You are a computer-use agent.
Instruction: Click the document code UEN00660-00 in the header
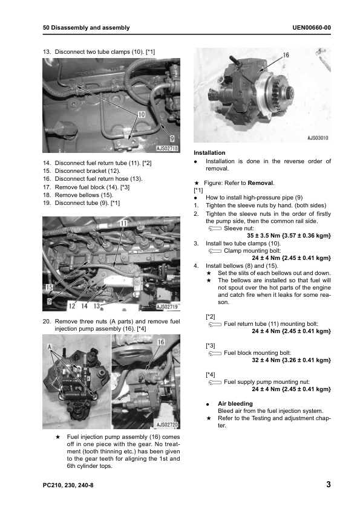pos(311,28)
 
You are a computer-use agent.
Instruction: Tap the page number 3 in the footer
pos(328,484)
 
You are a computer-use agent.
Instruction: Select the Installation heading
pos(209,152)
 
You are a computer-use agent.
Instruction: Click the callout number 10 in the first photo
pos(142,115)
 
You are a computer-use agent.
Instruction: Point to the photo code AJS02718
pos(168,148)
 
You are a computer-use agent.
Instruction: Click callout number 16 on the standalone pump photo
pos(286,55)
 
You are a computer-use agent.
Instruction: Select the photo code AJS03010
pos(318,138)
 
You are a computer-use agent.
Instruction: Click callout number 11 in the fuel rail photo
pos(123,223)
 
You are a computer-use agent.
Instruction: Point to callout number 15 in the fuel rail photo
pos(49,287)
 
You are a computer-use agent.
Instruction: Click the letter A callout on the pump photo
pos(50,347)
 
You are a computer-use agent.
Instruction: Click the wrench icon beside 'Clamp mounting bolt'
pos(215,251)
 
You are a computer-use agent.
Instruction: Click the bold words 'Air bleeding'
pos(235,403)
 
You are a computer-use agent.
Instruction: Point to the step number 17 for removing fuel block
pos(47,187)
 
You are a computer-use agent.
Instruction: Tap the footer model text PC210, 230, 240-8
pos(68,485)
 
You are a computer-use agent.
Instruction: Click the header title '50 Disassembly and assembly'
pos(86,28)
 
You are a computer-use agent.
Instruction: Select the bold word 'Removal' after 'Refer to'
pos(260,183)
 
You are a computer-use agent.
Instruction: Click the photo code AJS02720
pos(168,424)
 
